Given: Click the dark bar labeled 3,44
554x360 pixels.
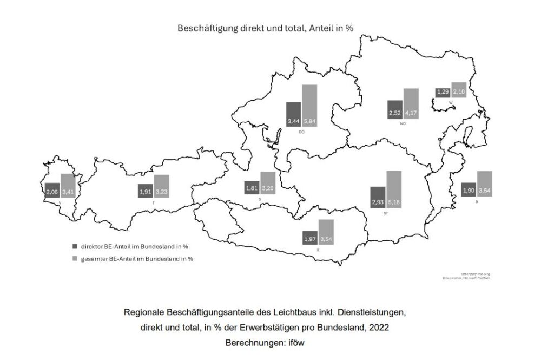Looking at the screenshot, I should [x=293, y=114].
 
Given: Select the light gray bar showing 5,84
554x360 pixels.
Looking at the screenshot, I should [x=309, y=106].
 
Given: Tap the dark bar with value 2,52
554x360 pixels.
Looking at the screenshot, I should [x=395, y=109].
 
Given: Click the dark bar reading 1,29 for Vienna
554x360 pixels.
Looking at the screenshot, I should [x=443, y=93].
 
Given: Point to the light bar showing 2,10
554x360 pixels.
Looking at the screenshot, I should [x=459, y=89].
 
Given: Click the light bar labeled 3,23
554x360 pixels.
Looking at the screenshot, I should [x=161, y=186].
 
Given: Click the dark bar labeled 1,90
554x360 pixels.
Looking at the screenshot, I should [x=469, y=190].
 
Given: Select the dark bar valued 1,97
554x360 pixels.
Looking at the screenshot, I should [x=310, y=238].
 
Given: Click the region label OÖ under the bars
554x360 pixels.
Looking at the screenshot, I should [x=301, y=132].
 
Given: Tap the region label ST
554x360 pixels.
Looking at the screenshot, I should [x=385, y=213].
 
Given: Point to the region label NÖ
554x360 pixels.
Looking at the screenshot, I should [x=403, y=124].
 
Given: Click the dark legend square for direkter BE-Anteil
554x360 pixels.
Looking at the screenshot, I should [x=75, y=246].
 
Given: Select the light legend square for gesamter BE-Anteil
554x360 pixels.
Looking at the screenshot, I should [x=75, y=259].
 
